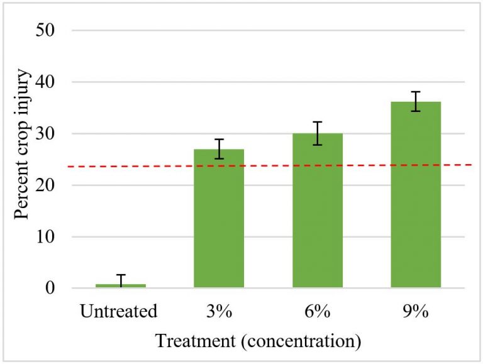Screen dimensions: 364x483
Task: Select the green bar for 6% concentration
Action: pyautogui.click(x=318, y=211)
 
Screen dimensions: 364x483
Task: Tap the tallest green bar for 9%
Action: pyautogui.click(x=416, y=195)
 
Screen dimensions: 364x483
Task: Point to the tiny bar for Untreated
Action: pyautogui.click(x=121, y=286)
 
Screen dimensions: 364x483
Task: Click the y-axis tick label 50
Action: pyautogui.click(x=52, y=30)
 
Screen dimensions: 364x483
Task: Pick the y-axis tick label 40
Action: pyautogui.click(x=52, y=82)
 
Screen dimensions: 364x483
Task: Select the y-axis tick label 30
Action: pyautogui.click(x=52, y=133)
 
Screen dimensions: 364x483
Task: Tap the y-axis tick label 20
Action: pyautogui.click(x=52, y=185)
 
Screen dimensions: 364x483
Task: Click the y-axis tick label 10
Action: pyautogui.click(x=52, y=237)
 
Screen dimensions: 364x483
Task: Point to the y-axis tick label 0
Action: pyautogui.click(x=56, y=289)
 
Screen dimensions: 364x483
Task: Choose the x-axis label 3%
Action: pyautogui.click(x=219, y=312)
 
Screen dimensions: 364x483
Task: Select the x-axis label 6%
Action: pyautogui.click(x=318, y=312)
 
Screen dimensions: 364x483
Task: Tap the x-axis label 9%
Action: pyautogui.click(x=416, y=312)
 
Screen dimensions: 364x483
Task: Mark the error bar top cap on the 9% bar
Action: pyautogui.click(x=416, y=92)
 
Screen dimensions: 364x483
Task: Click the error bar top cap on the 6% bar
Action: pyautogui.click(x=318, y=122)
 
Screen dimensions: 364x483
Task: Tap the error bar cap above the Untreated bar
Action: pyautogui.click(x=121, y=275)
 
